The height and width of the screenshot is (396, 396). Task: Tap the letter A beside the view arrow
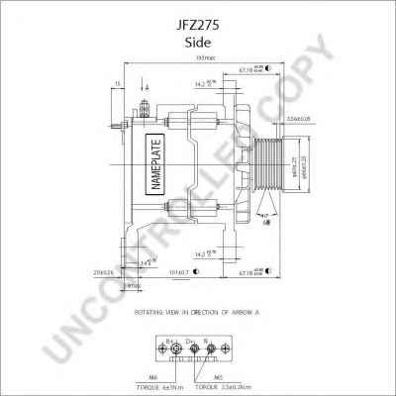148,88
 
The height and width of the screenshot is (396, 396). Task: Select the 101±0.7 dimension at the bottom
180,269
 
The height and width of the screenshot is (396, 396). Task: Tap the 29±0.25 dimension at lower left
106,269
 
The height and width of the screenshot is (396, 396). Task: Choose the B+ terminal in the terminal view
169,343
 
